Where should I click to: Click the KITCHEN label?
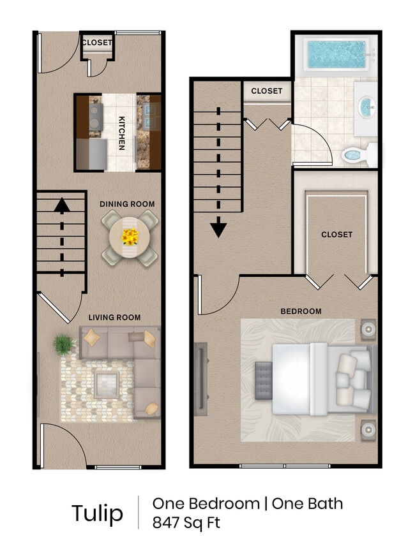[x=121, y=133]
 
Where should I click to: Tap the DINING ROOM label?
[x=127, y=204]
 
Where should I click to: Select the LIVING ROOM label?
[x=114, y=317]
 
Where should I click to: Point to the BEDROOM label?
[x=301, y=311]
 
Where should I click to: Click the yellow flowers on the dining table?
[x=130, y=237]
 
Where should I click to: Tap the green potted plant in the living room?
[x=64, y=344]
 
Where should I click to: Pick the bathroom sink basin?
[x=366, y=106]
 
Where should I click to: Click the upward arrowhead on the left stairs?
[x=61, y=205]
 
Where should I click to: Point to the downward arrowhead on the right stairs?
[x=219, y=228]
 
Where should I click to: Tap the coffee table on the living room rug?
[x=106, y=384]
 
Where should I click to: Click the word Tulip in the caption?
[x=97, y=513]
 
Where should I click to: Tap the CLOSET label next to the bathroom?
[x=266, y=91]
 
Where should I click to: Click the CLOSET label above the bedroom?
[x=336, y=234]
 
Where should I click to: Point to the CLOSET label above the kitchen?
[x=97, y=43]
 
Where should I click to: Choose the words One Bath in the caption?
[x=308, y=503]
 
